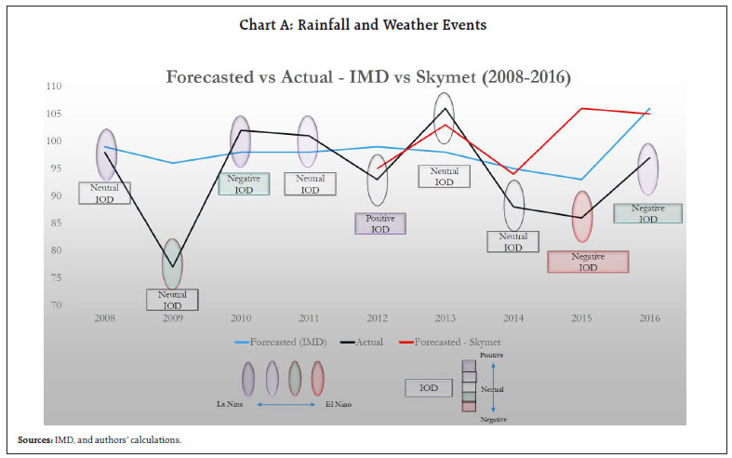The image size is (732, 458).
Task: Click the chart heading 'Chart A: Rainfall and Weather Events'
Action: tap(366, 25)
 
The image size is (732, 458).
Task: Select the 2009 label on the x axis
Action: tap(172, 318)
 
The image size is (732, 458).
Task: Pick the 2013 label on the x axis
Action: tap(445, 318)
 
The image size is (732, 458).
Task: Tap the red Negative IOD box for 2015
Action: tap(588, 262)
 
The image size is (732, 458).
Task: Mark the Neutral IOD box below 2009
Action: tap(172, 300)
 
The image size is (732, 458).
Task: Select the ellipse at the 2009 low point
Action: tap(172, 263)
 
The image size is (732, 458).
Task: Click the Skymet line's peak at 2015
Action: tap(581, 108)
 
